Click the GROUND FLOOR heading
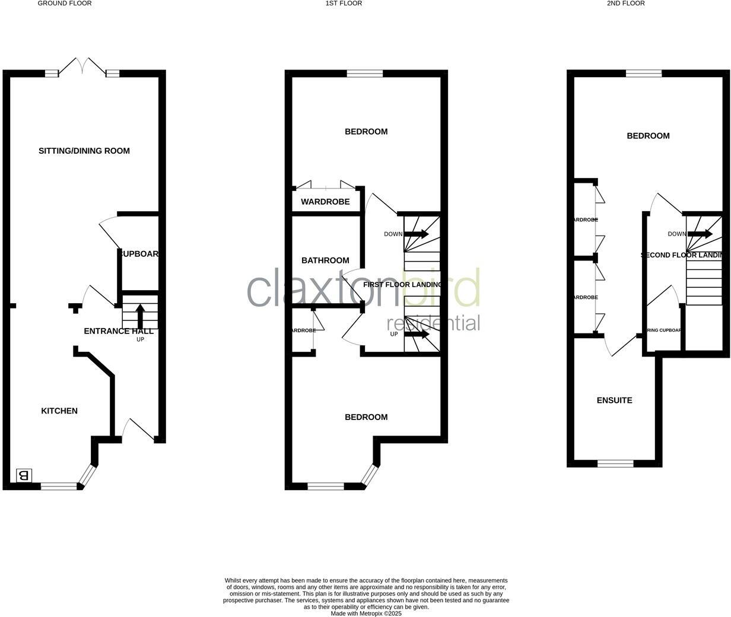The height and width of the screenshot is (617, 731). tap(65, 4)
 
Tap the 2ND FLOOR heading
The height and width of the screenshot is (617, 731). tap(625, 4)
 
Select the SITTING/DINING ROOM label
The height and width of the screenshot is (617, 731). tap(84, 151)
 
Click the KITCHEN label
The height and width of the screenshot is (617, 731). tap(59, 411)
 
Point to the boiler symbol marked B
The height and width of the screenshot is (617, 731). tap(24, 475)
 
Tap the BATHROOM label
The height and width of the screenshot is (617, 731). tap(325, 260)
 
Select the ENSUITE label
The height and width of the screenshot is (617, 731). tap(614, 400)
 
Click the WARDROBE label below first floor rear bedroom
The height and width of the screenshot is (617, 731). tap(325, 202)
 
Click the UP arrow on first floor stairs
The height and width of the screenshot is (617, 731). tap(417, 334)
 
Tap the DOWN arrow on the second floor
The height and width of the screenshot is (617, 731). tap(700, 234)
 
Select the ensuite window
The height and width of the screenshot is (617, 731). tap(615, 463)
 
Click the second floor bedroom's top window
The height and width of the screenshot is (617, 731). tap(644, 74)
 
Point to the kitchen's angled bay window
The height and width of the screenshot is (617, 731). tap(88, 475)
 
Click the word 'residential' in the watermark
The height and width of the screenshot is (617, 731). tap(433, 323)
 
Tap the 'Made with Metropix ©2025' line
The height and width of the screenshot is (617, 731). tap(366, 613)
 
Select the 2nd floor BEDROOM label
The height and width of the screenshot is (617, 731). tap(648, 136)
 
